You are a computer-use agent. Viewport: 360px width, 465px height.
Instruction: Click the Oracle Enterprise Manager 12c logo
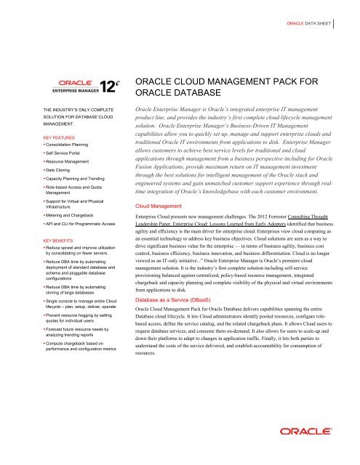[x=82, y=86]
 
